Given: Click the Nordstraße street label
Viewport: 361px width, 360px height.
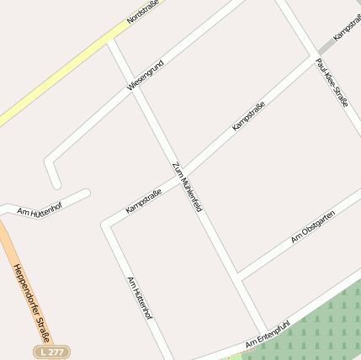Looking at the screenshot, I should click(143, 10).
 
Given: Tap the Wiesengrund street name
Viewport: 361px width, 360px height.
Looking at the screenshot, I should click(145, 75).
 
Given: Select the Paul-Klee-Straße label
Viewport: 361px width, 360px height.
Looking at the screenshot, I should click(332, 82).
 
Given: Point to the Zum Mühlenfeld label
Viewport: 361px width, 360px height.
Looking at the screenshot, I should click(188, 186).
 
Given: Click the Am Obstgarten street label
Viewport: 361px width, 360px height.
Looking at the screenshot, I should click(313, 227).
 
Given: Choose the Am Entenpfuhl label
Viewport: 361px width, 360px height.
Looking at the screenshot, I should click(268, 333).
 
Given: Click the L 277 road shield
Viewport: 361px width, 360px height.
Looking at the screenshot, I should click(51, 351).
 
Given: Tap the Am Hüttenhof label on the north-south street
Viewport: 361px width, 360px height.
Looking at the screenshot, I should click(139, 298).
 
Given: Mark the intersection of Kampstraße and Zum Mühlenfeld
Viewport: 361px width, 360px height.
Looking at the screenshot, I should click(179, 172).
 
